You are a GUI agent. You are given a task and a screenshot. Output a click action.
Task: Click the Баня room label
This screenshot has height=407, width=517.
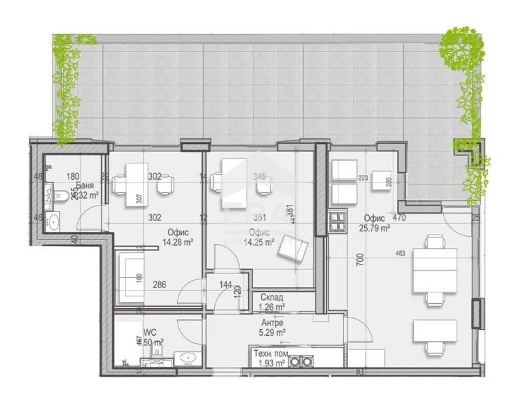pyautogui.click(x=85, y=185)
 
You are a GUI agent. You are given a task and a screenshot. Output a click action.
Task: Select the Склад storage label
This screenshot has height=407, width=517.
pyautogui.click(x=272, y=297)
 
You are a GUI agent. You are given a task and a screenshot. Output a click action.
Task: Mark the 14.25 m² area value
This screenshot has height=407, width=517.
pyautogui.click(x=259, y=241)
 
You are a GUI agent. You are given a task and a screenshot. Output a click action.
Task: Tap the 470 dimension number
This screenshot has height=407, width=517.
pyautogui.click(x=399, y=218)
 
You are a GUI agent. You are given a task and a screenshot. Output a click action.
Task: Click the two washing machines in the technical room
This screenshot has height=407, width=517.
pyautogui.click(x=301, y=362)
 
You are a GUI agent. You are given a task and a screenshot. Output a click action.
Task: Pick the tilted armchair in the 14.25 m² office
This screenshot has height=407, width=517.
pyautogui.click(x=292, y=249)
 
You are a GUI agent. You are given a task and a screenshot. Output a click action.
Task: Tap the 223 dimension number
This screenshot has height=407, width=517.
pyautogui.click(x=363, y=178)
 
